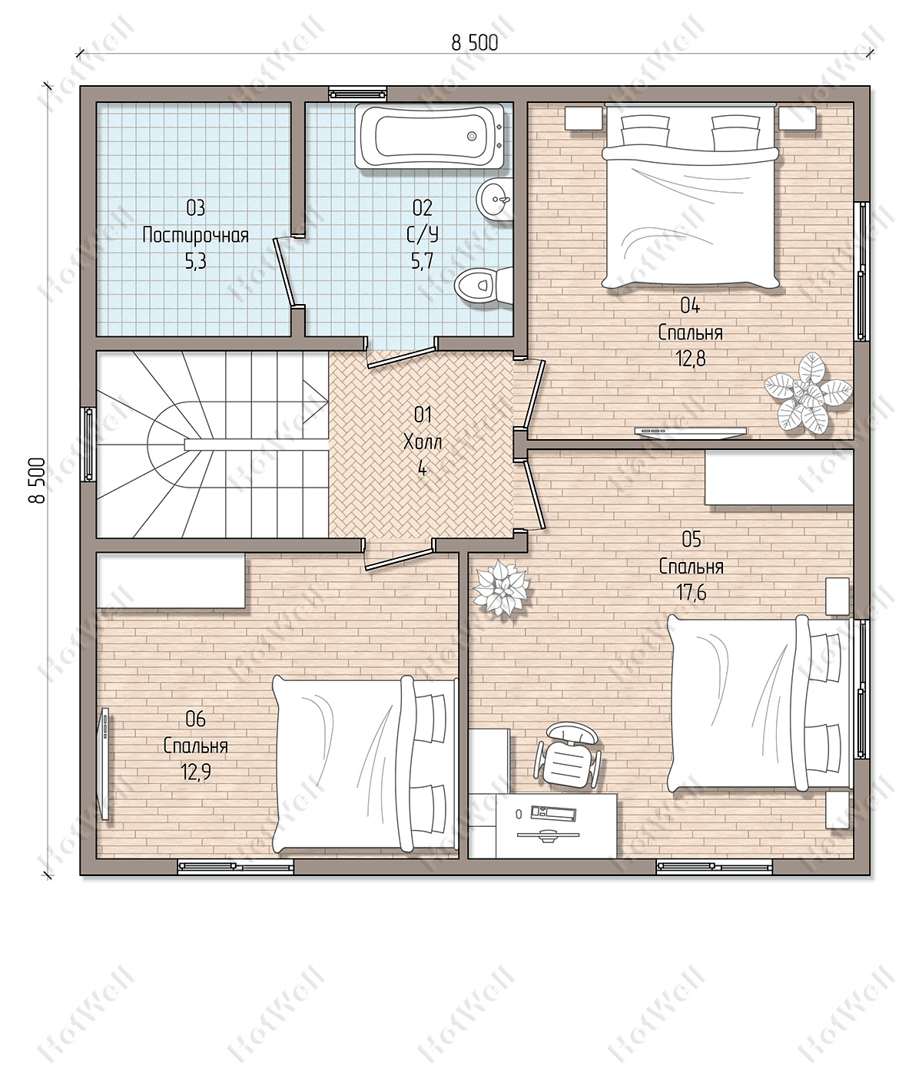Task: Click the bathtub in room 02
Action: (429, 136)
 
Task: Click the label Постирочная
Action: (195, 236)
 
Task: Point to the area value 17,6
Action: (691, 593)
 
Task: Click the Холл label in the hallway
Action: (423, 443)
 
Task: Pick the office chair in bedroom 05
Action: (568, 756)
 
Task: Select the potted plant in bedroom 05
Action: (502, 589)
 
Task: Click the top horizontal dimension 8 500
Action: (475, 43)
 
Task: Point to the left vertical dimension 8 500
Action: (38, 481)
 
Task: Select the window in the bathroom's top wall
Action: (358, 94)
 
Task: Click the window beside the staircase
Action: (88, 444)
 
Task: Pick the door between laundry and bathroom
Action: (285, 271)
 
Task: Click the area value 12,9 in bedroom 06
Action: (196, 772)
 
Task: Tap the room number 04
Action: (690, 306)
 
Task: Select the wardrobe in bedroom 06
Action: (171, 580)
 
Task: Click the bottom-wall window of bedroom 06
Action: (235, 868)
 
